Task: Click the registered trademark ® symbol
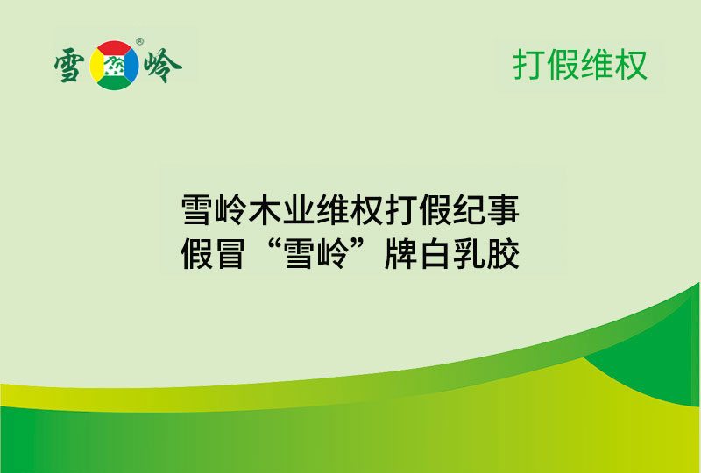[139, 41]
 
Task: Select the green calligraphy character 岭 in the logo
[162, 66]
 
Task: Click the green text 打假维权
[580, 65]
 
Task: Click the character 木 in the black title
[265, 211]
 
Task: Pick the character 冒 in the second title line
[230, 255]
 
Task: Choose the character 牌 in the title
[401, 255]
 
